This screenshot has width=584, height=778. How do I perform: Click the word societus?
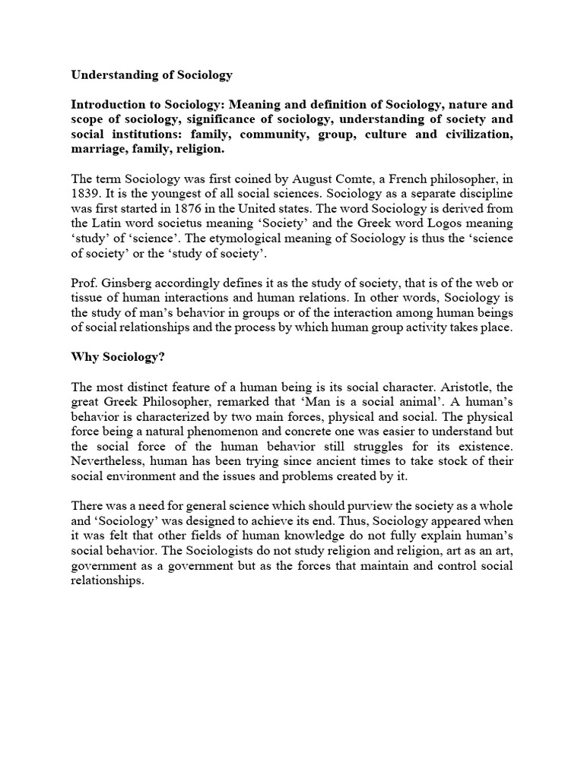click(x=198, y=223)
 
